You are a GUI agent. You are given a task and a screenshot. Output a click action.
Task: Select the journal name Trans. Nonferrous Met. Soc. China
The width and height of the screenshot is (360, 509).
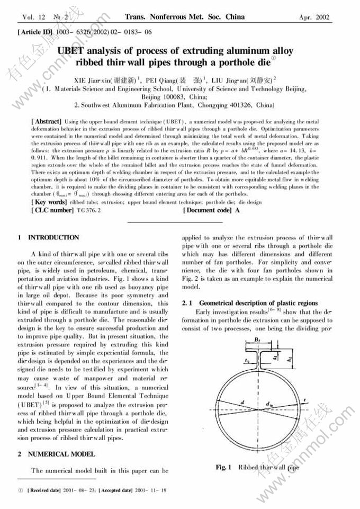click(x=184, y=17)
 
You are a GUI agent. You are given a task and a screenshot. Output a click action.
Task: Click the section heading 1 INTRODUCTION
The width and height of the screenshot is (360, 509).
click(x=48, y=237)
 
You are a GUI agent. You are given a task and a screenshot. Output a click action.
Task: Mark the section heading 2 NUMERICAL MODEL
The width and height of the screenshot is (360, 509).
click(x=55, y=454)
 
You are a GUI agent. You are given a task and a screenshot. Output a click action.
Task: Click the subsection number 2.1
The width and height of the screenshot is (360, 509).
click(x=186, y=303)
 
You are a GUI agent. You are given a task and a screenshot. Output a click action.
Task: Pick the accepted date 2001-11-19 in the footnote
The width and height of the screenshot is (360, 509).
click(x=150, y=490)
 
